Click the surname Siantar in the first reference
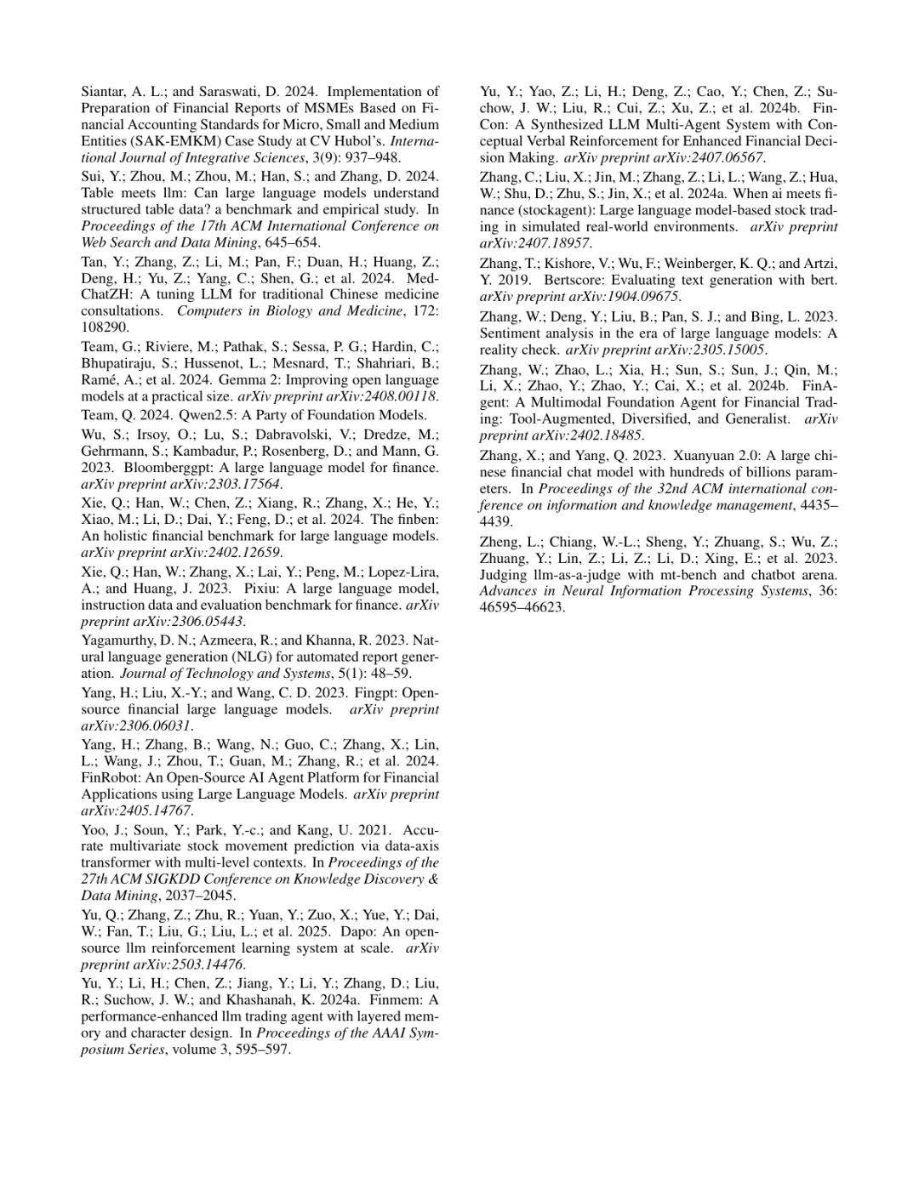104,92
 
